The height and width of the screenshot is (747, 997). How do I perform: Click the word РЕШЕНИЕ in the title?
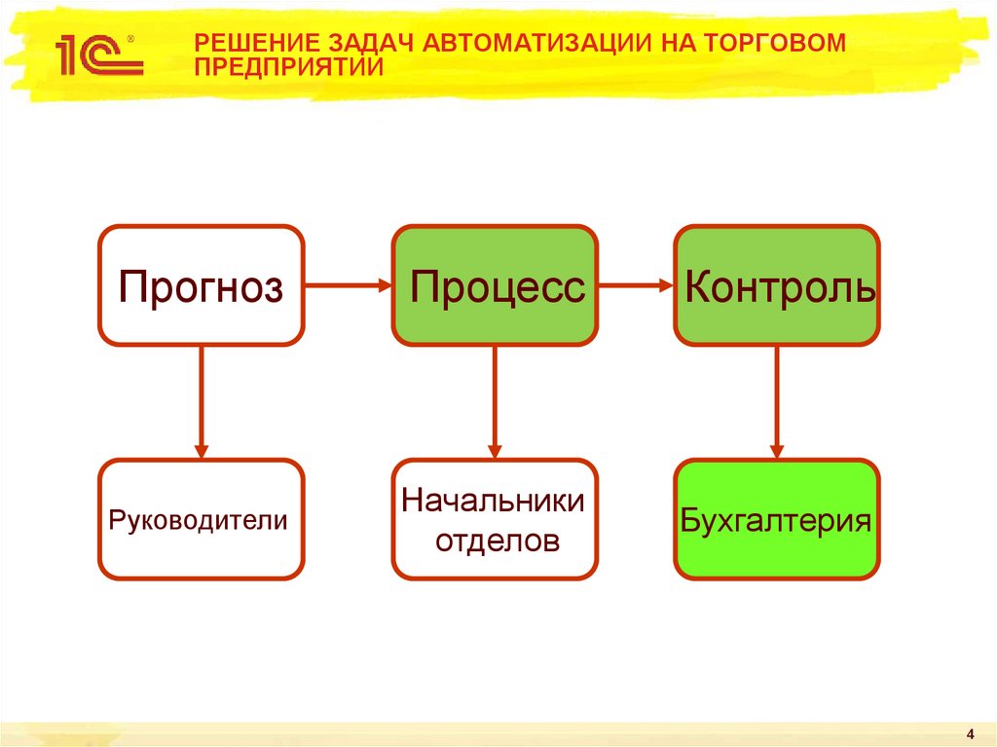pos(247,44)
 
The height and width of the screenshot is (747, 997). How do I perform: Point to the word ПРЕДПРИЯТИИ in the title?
pos(288,67)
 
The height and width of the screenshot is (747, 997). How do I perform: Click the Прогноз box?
pos(202,286)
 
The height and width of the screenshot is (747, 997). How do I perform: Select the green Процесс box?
pos(495,286)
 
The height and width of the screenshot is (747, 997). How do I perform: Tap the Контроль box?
pos(777,286)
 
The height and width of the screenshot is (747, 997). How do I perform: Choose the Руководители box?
pos(202,520)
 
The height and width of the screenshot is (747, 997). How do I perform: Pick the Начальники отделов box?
pos(495,520)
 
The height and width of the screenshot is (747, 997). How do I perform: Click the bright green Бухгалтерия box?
pos(777,520)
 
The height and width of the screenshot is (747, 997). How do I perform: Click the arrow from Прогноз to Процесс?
pos(348,285)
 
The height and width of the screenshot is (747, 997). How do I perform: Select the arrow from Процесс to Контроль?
pos(635,285)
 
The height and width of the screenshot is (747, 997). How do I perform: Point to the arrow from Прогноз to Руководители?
pos(202,401)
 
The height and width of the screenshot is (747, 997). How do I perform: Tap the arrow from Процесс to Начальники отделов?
pos(495,401)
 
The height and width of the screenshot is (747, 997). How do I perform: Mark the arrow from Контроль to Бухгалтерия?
pos(777,401)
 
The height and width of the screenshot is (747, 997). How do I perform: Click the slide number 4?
pos(971,732)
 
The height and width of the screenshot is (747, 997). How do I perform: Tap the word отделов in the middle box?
pos(497,540)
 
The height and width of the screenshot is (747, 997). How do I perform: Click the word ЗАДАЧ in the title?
pos(369,44)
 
